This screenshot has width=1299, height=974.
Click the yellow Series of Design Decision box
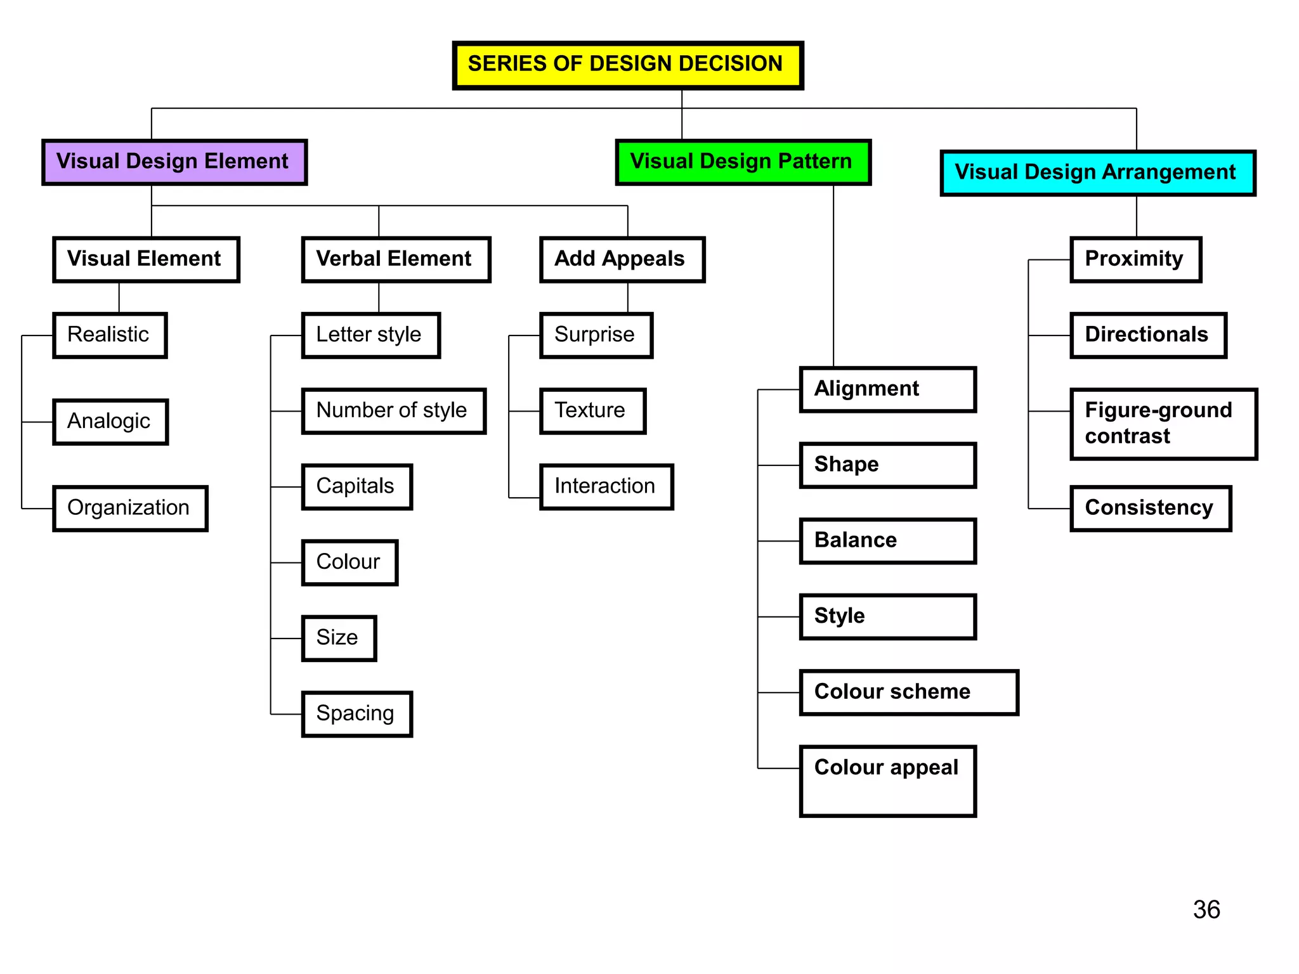[627, 65]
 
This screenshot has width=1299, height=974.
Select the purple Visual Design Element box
[174, 162]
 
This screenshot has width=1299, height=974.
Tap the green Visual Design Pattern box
[743, 162]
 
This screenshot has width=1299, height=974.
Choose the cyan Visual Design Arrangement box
[1097, 173]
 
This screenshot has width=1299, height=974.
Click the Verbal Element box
[396, 259]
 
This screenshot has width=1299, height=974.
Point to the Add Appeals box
[622, 259]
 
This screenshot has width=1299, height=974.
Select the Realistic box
[110, 335]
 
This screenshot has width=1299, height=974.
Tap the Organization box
[130, 509]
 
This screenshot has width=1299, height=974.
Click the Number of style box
[393, 411]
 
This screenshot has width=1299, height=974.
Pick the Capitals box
[356, 487]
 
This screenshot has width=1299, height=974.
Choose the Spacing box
[356, 714]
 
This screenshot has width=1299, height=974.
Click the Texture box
[592, 411]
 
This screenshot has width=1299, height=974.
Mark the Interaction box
[606, 487]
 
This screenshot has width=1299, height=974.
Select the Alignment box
[887, 389]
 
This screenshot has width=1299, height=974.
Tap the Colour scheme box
[908, 692]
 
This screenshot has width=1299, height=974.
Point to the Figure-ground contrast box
[1163, 424]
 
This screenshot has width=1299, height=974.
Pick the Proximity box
[1135, 259]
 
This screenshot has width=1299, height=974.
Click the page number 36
[1206, 910]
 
